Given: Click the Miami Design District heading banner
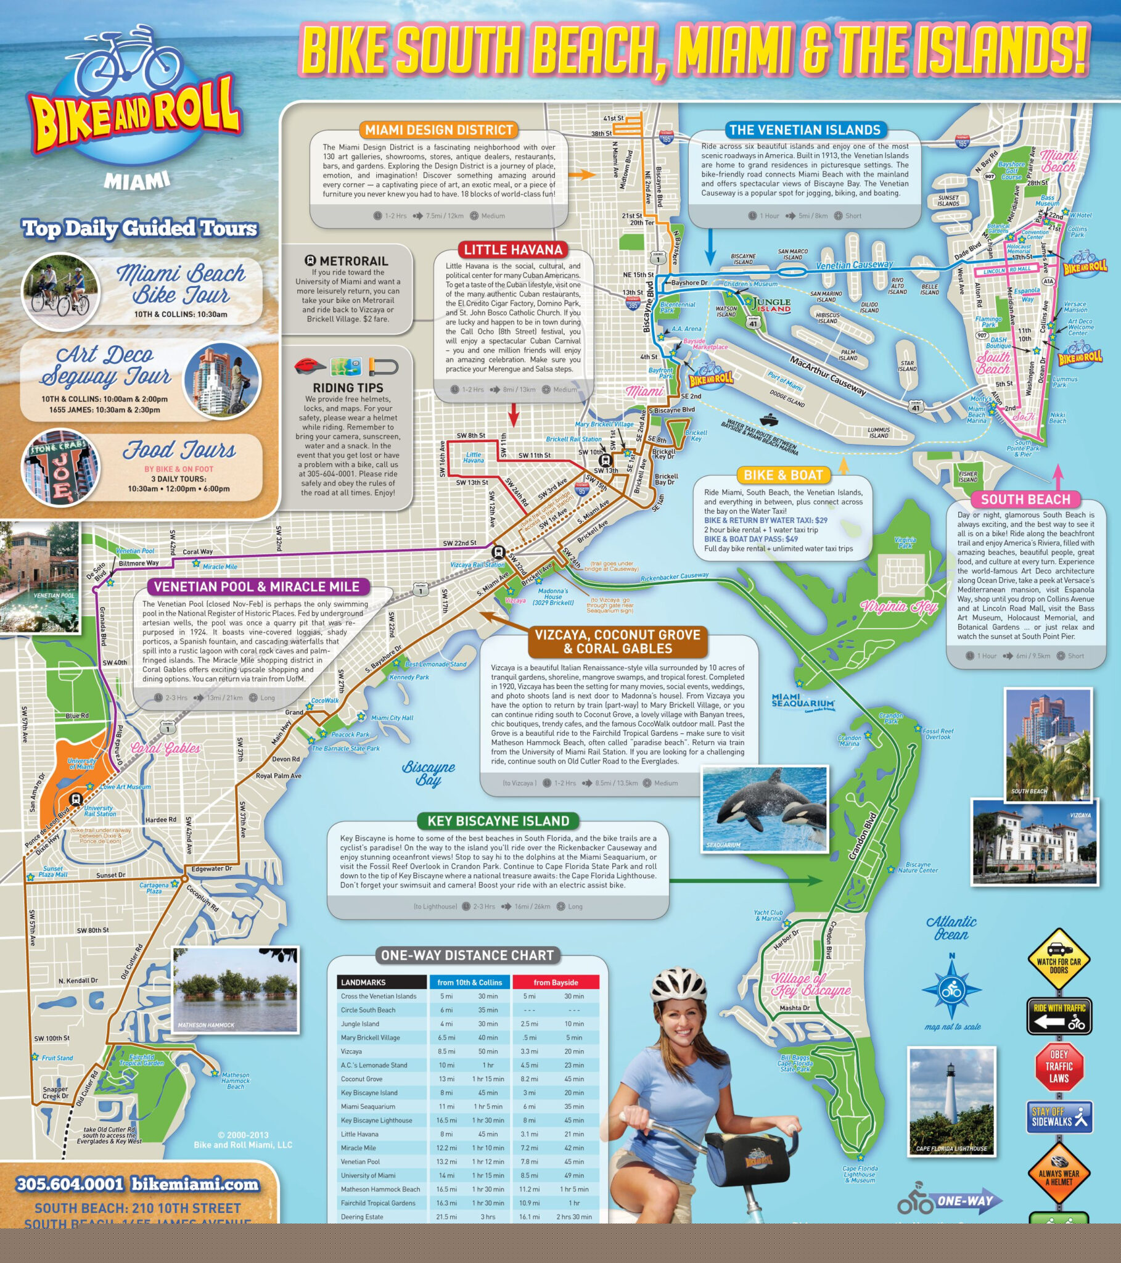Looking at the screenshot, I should click(438, 130).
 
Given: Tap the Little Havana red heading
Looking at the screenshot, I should click(513, 250).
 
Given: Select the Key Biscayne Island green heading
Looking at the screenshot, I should click(498, 821).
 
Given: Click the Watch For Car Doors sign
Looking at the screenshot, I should click(1059, 960).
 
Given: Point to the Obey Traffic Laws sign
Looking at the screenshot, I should click(1059, 1066).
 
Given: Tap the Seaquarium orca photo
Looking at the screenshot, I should click(765, 809).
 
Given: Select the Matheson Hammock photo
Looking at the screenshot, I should click(236, 989).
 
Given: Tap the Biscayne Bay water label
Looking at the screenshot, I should click(429, 772).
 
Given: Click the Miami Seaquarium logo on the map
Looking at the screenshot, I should click(803, 702).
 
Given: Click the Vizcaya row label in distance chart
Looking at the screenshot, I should click(351, 1051).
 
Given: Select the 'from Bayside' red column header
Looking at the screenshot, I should click(556, 982).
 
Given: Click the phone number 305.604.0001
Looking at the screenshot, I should click(70, 1184).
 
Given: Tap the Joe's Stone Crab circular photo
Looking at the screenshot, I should click(60, 467).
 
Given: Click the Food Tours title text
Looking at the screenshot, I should click(179, 450).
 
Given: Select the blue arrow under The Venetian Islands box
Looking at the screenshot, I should click(711, 247).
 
